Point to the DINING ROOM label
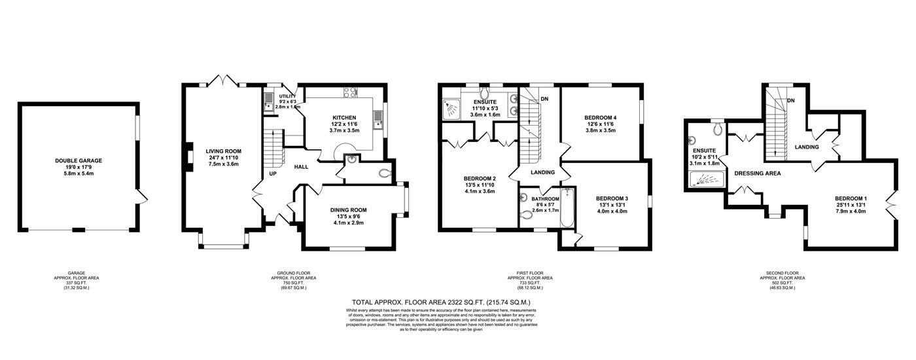[347, 210]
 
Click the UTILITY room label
[287, 96]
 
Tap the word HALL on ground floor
[301, 167]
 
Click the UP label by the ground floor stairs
[272, 174]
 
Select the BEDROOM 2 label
[480, 179]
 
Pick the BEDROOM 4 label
[600, 117]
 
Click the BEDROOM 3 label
[612, 198]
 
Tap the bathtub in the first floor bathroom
[567, 207]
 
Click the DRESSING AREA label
[758, 173]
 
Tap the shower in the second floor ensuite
[707, 179]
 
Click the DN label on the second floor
[791, 100]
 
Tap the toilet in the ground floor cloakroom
[384, 173]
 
